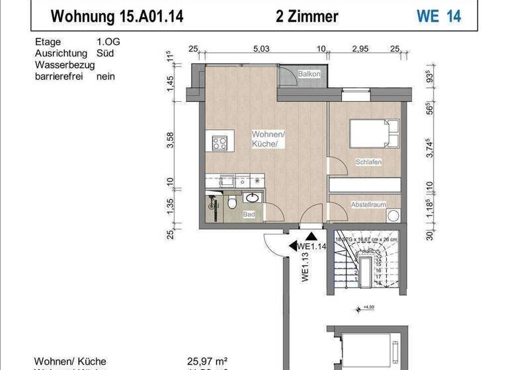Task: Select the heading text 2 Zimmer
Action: [307, 16]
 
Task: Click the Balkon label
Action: [309, 75]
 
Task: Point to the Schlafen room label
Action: [368, 162]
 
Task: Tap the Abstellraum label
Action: [368, 205]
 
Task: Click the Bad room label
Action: [249, 215]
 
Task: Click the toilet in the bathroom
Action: [231, 203]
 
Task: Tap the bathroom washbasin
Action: [253, 198]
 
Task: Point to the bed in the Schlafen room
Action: [373, 134]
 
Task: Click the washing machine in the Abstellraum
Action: [394, 215]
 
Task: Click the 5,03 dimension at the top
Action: [261, 49]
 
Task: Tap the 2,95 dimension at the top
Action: [359, 49]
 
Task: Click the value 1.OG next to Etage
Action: [108, 42]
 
